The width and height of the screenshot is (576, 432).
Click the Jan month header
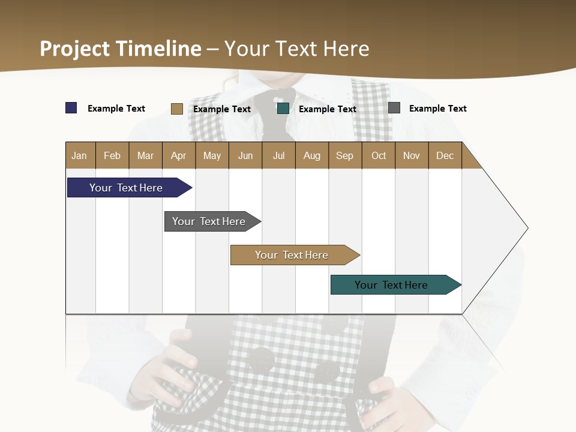(79, 155)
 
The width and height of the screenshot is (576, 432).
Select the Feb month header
(112, 155)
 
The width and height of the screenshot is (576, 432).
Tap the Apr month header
(178, 155)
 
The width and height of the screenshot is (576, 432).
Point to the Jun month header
(245, 155)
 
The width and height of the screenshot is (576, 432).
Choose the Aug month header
(311, 155)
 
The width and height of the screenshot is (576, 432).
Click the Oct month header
(379, 155)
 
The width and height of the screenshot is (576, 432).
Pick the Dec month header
(445, 155)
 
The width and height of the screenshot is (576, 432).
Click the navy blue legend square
(71, 108)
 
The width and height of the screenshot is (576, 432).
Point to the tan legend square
(177, 109)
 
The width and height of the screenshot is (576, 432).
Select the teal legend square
(283, 109)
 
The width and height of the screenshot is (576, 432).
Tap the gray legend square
(394, 108)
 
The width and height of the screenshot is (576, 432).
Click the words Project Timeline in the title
(121, 49)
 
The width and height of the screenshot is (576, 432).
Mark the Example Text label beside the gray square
(437, 109)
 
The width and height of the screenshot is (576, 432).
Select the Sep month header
(344, 155)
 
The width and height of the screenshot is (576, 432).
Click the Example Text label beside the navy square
(116, 109)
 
